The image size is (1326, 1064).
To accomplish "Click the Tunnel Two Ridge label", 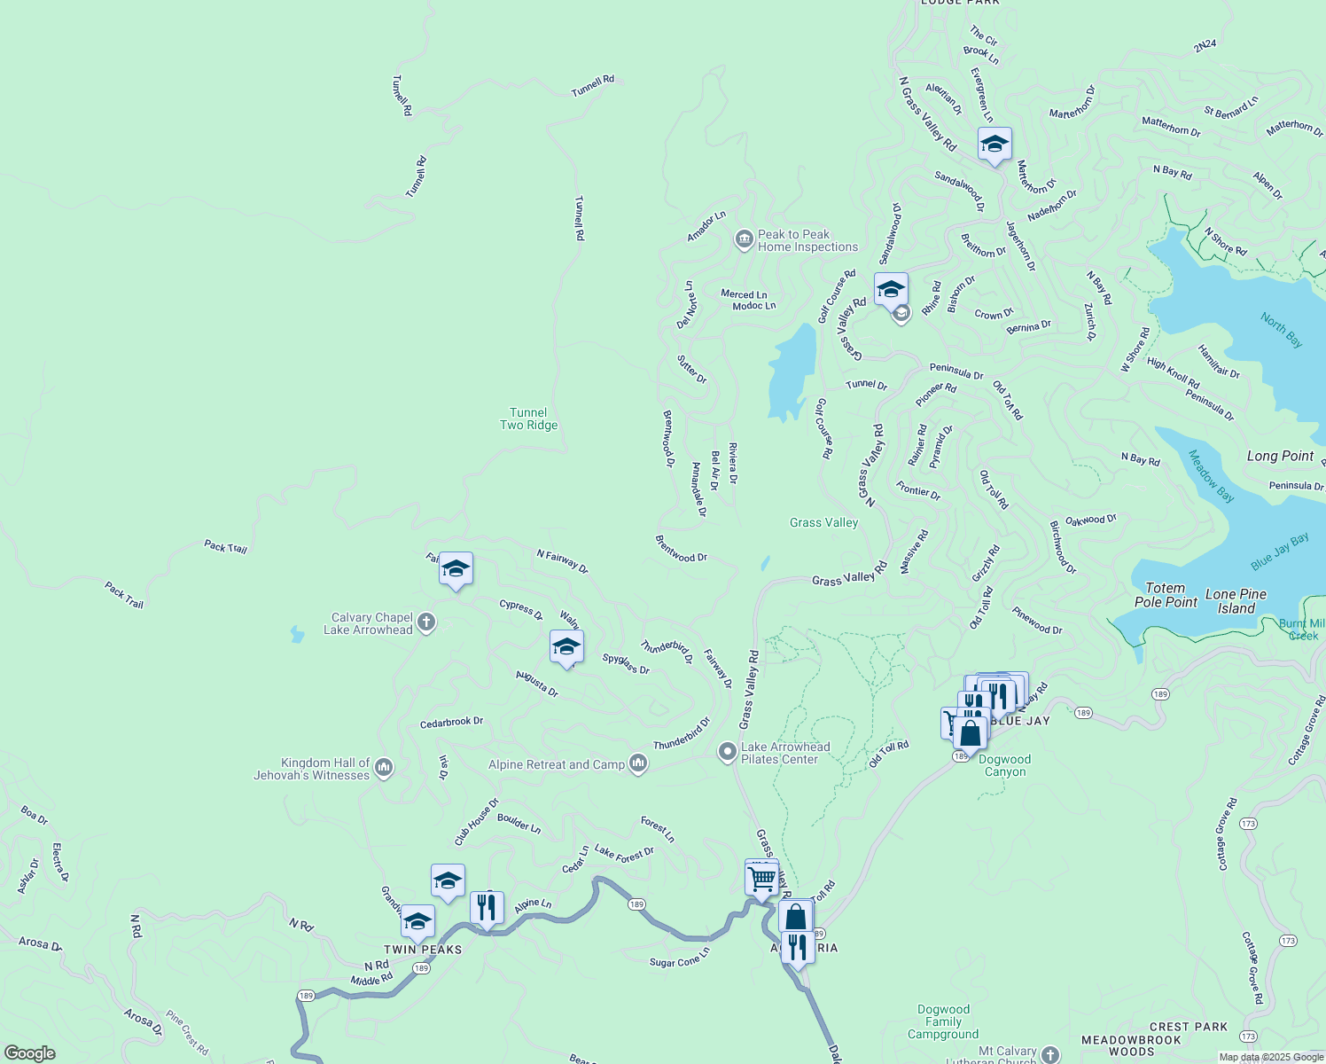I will [528, 419].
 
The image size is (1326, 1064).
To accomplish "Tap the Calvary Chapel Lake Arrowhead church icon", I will [426, 622].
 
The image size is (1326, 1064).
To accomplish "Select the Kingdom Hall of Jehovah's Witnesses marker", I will [384, 768].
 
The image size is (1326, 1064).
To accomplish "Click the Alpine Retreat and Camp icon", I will [638, 763].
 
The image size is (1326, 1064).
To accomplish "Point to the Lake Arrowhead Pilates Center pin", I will [727, 753].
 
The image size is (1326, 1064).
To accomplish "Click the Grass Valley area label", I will [823, 522].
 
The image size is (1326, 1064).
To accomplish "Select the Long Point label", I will [1280, 456].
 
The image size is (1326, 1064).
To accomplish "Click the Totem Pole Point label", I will [1166, 595].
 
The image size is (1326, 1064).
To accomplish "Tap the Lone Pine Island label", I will [1236, 601].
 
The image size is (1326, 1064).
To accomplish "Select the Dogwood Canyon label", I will [1005, 765].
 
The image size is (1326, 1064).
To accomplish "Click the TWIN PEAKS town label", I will [423, 950].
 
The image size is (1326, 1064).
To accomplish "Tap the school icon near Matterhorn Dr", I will [994, 145].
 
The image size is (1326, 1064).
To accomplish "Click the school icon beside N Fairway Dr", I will [456, 569].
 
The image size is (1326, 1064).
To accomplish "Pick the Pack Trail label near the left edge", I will [124, 594].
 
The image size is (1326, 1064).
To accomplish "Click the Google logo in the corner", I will [30, 1053].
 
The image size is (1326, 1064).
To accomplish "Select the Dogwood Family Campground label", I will [943, 1021].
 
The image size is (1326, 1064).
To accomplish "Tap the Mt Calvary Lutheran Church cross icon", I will [1050, 1054].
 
